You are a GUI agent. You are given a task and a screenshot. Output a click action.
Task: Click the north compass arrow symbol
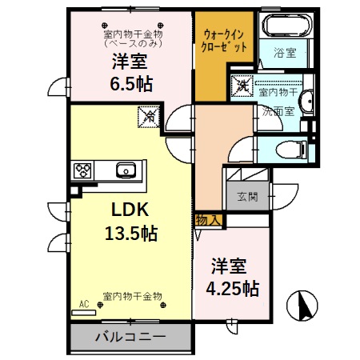pos(303,305)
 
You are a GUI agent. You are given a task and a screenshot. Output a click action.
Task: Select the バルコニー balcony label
pos(131,337)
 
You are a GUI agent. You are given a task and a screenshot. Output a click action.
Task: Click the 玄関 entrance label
pos(247,196)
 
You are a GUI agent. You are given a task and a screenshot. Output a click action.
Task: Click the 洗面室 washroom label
pos(278,111)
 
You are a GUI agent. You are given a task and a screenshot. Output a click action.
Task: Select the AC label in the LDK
pos(83,303)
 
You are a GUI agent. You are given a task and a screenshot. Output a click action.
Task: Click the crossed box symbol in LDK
pos(149,117)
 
